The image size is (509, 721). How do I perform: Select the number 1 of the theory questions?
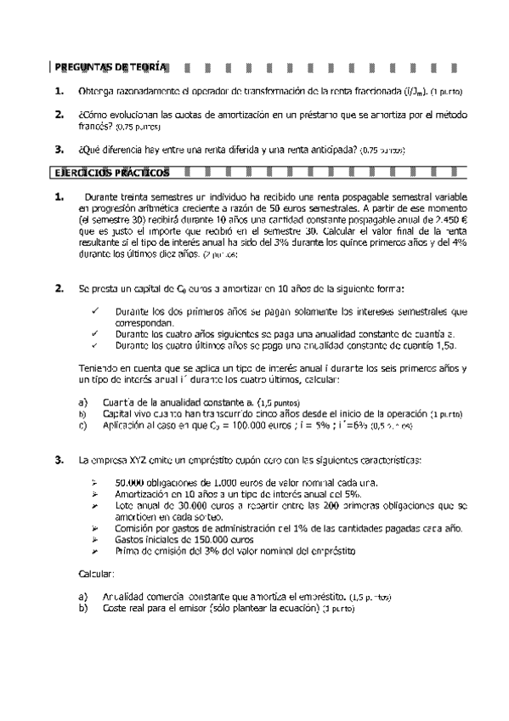(58, 90)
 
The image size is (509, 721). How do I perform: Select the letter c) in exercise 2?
(82, 425)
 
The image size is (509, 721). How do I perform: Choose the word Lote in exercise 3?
(125, 505)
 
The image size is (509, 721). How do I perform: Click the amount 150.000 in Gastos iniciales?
(216, 539)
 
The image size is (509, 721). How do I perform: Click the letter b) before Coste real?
(82, 608)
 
